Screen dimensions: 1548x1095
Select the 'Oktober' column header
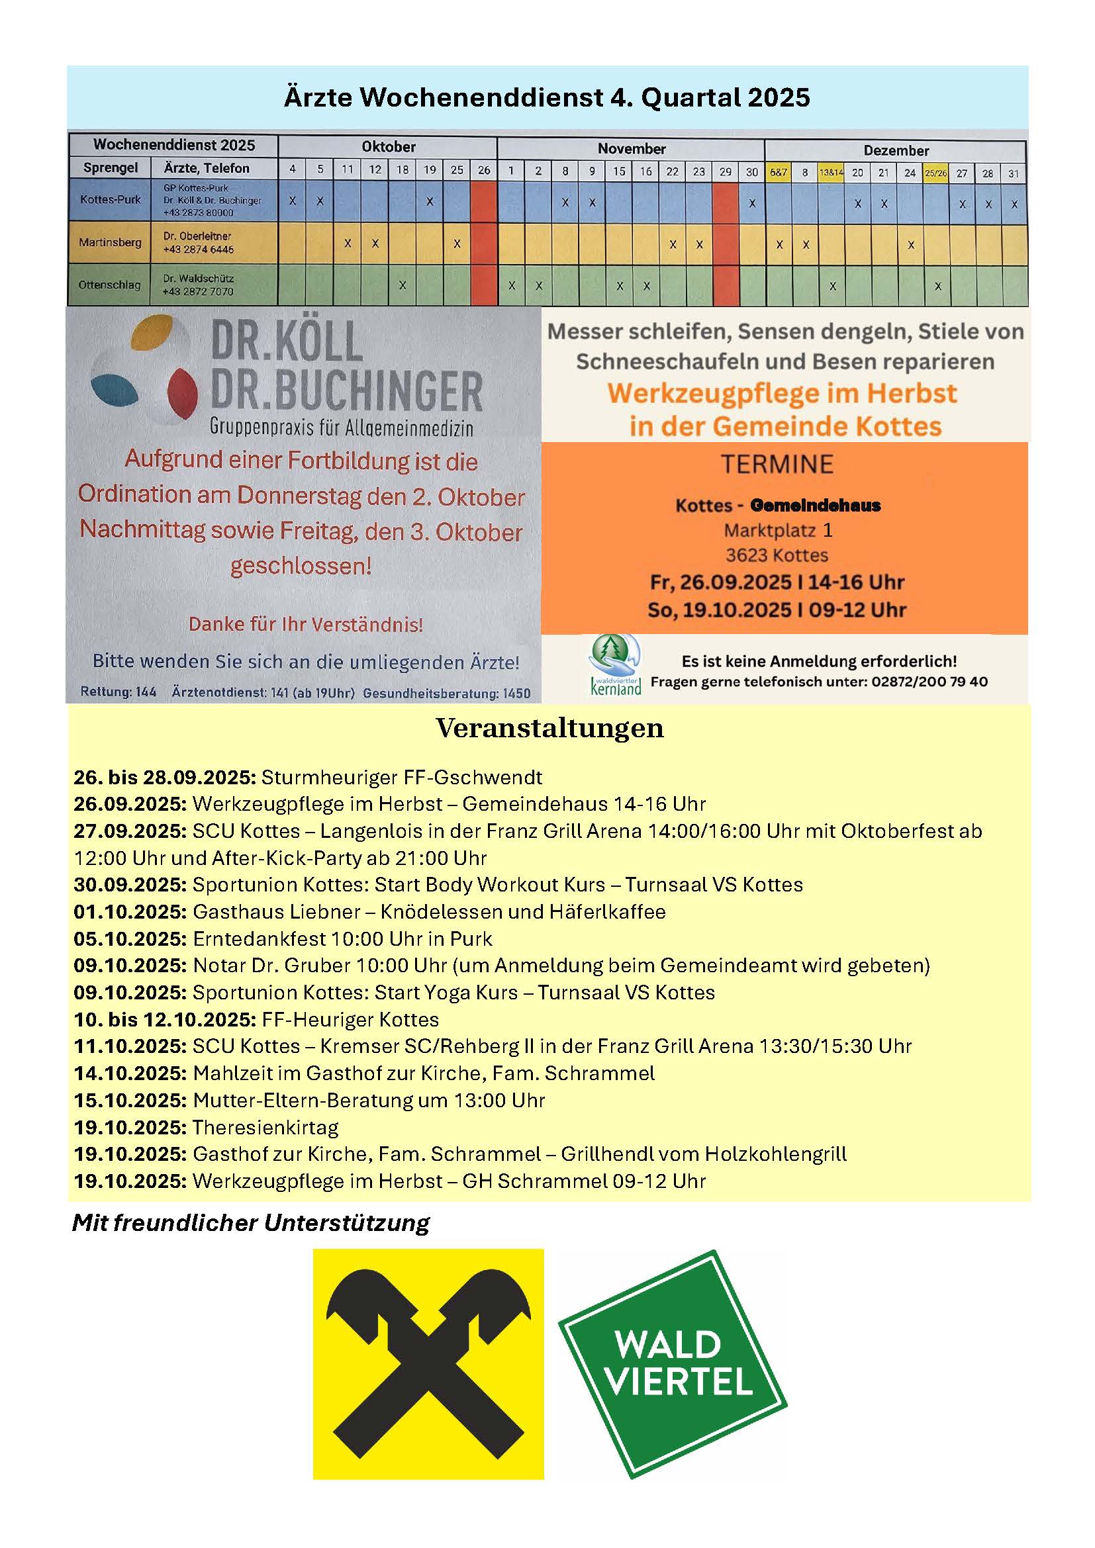coord(388,147)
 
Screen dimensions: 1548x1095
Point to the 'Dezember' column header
coord(896,150)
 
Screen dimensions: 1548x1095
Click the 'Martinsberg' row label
coord(110,242)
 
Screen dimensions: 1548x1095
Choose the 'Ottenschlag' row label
coord(109,285)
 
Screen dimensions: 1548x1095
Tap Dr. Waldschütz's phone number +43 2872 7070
coord(197,292)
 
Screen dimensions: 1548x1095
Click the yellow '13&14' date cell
coord(831,173)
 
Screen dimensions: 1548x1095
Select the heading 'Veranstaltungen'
coord(549,728)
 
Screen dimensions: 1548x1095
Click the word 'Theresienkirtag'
coord(265,1127)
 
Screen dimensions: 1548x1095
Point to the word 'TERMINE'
coord(777,465)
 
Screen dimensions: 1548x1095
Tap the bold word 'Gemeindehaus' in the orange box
coord(814,506)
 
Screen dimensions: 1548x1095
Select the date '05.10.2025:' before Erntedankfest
coord(130,939)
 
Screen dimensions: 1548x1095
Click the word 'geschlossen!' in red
coord(301,566)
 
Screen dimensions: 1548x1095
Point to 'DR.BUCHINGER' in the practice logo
coord(346,392)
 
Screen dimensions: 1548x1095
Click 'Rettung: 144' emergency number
coord(118,692)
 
